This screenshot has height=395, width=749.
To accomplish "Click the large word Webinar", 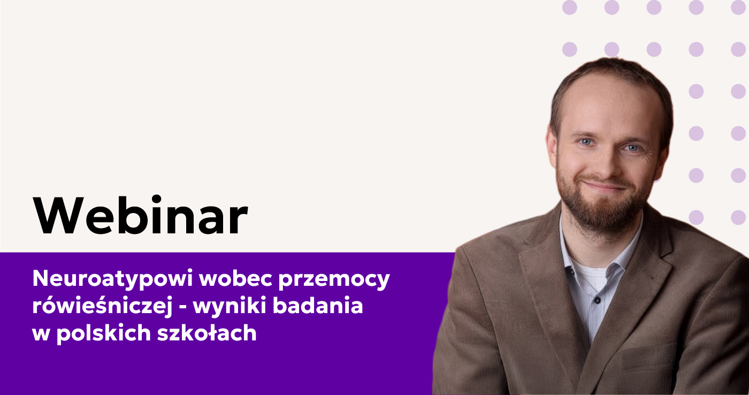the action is tap(140, 215).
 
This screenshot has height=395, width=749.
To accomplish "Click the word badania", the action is tap(318, 305).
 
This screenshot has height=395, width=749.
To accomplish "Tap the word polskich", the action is tap(104, 333).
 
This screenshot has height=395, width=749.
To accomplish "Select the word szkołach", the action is tap(207, 332).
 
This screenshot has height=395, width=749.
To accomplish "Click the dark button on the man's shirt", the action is tap(597, 301).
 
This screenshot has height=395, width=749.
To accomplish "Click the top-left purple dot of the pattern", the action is tap(569, 7).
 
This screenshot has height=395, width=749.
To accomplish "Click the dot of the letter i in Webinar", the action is tap(156, 199).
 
